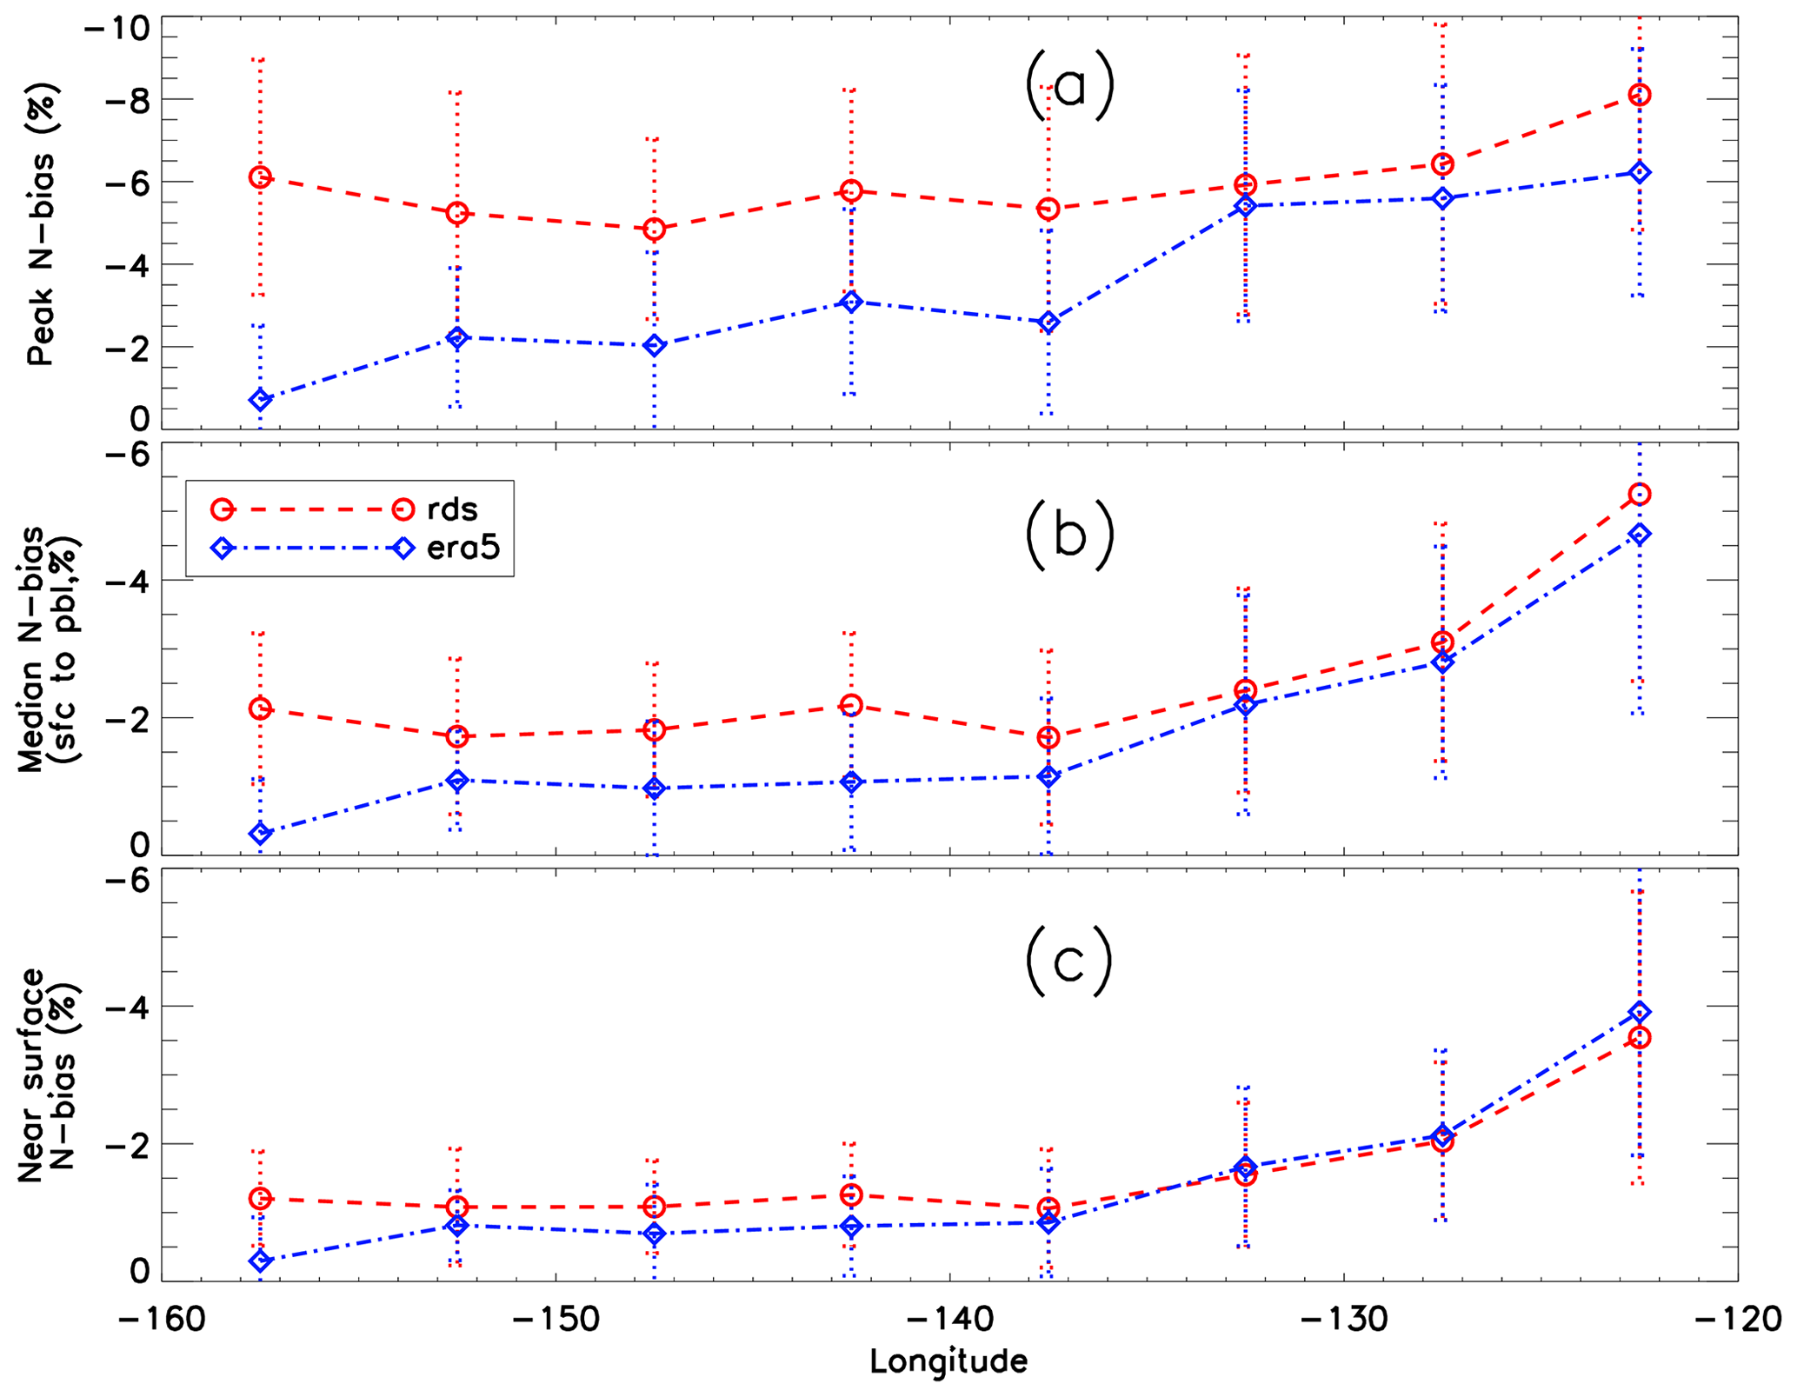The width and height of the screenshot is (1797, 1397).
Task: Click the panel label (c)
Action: pyautogui.click(x=1068, y=961)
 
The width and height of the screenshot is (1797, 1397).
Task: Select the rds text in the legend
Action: pyautogui.click(x=452, y=509)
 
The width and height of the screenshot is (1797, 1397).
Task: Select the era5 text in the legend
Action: pyautogui.click(x=463, y=548)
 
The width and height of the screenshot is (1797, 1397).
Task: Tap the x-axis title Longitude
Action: pyautogui.click(x=948, y=1361)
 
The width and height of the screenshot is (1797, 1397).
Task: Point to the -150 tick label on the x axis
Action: pyautogui.click(x=555, y=1320)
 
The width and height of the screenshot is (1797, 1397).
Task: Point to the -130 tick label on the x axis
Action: pyautogui.click(x=1343, y=1320)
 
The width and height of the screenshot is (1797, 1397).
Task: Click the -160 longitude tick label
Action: pyautogui.click(x=162, y=1320)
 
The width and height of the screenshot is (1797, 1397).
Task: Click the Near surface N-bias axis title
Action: pyautogui.click(x=49, y=1074)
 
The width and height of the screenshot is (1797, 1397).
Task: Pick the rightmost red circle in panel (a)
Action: pyautogui.click(x=1639, y=95)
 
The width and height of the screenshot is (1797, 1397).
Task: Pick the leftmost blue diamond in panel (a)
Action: pyautogui.click(x=260, y=400)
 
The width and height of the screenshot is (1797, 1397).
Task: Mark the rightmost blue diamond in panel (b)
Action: pyautogui.click(x=1639, y=534)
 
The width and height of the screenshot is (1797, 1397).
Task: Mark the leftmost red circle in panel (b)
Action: pyautogui.click(x=260, y=708)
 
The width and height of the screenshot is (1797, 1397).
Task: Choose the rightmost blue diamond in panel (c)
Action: pyautogui.click(x=1639, y=1012)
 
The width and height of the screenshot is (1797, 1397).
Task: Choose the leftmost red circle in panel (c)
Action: pyautogui.click(x=260, y=1199)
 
